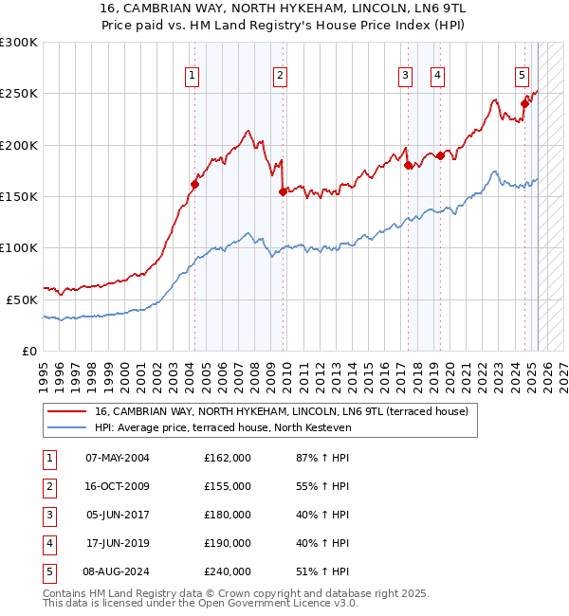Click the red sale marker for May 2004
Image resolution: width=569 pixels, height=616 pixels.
pyautogui.click(x=194, y=184)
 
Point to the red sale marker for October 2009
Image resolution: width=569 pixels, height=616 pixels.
pyautogui.click(x=283, y=191)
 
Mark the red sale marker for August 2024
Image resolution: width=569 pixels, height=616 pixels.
pyautogui.click(x=524, y=104)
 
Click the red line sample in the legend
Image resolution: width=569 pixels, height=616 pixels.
pyautogui.click(x=66, y=412)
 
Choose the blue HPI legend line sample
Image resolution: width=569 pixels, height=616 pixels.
pyautogui.click(x=66, y=428)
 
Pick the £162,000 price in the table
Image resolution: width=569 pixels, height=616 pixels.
pyautogui.click(x=228, y=458)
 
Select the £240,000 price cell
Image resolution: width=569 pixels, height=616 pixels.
pyautogui.click(x=228, y=571)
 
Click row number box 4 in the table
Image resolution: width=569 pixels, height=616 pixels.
pyautogui.click(x=48, y=543)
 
